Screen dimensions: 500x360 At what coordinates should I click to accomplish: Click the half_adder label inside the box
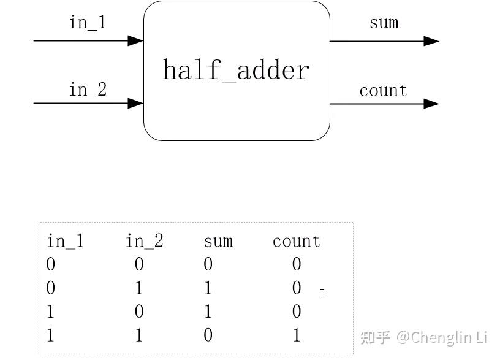pyautogui.click(x=236, y=71)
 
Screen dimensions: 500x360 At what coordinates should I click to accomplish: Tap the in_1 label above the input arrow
pyautogui.click(x=87, y=23)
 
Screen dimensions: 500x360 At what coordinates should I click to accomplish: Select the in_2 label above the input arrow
pyautogui.click(x=88, y=90)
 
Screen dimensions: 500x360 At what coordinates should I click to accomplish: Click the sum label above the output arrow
pyautogui.click(x=384, y=23)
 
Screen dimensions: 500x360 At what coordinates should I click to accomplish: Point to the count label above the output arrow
pyautogui.click(x=383, y=91)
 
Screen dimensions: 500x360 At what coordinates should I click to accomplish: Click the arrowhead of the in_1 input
pyautogui.click(x=135, y=40)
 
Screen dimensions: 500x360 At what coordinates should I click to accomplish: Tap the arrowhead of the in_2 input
pyautogui.click(x=135, y=103)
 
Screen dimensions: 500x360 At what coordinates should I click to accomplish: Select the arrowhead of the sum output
pyautogui.click(x=432, y=41)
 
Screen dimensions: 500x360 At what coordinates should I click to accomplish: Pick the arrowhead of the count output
pyautogui.click(x=432, y=104)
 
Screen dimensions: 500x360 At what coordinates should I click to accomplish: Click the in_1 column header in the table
pyautogui.click(x=65, y=241)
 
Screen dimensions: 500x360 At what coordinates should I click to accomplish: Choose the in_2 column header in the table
pyautogui.click(x=145, y=241)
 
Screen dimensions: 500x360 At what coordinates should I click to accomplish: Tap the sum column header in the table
pyautogui.click(x=218, y=241)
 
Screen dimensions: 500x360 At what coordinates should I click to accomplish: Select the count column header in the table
pyautogui.click(x=297, y=241)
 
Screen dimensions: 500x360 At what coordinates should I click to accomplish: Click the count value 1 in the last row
pyautogui.click(x=297, y=335)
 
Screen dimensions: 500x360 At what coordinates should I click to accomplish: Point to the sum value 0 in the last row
pyautogui.click(x=208, y=335)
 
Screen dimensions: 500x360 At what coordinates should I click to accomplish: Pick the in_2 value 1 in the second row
pyautogui.click(x=139, y=288)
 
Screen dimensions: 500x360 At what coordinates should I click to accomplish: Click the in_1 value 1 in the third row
pyautogui.click(x=51, y=312)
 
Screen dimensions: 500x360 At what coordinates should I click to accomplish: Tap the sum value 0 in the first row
pyautogui.click(x=208, y=264)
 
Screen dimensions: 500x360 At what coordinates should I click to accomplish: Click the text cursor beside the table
pyautogui.click(x=322, y=295)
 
